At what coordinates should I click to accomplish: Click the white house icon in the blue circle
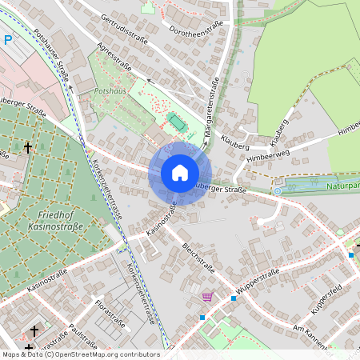point(179,173)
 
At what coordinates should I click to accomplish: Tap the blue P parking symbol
point(8,40)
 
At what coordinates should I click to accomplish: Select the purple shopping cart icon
point(208,297)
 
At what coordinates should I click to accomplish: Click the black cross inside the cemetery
point(28,148)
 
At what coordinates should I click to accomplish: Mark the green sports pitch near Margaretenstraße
point(176,122)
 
